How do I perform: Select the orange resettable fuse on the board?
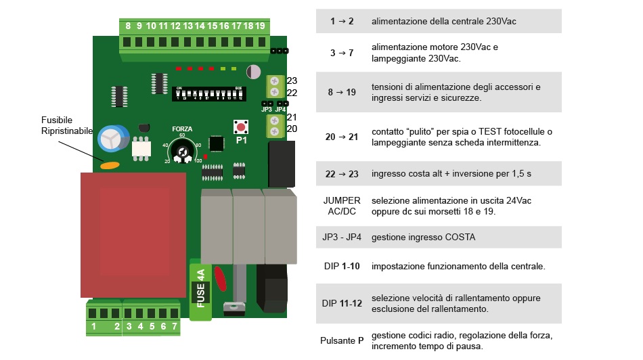coord(110,164)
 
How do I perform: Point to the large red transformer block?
coord(133,234)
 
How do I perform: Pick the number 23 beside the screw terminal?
coord(292,81)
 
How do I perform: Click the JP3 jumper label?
coord(266,110)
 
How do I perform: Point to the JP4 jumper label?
coord(281,110)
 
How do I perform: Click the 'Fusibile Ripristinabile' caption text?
coord(66,125)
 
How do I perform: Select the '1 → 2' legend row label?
coord(342,22)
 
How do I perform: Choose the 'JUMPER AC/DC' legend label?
coord(341,206)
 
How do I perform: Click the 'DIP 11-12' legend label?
coord(342,303)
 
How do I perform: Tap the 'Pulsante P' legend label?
coord(342,340)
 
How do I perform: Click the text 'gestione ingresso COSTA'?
coord(423,238)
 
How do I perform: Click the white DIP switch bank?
coord(210,93)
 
